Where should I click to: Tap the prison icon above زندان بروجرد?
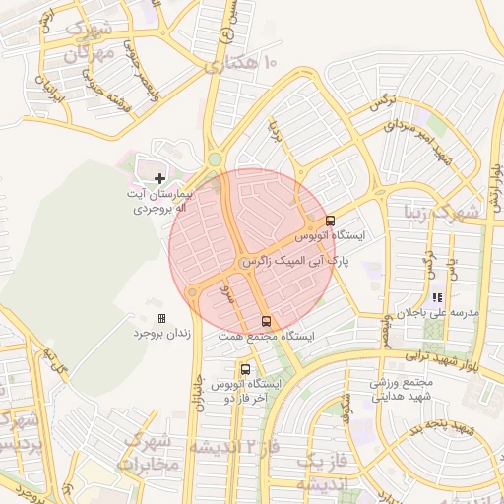161,319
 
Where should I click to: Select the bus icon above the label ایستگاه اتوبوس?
329,221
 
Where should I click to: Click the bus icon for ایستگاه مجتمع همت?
266,321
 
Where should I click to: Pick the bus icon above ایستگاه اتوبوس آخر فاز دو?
245,369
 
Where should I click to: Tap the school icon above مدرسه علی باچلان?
437,297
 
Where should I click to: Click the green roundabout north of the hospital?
215,159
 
